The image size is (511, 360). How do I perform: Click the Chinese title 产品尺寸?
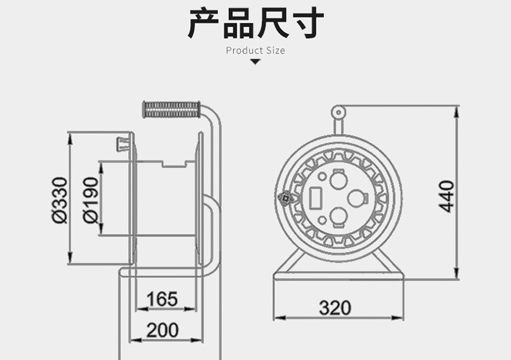[255, 24]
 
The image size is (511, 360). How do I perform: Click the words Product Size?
[255, 50]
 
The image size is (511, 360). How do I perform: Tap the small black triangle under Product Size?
[255, 62]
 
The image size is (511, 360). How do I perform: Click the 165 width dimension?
[162, 299]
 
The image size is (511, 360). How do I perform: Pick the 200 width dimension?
[162, 330]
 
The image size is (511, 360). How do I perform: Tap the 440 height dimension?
[446, 196]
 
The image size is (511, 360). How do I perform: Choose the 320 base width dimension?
[335, 308]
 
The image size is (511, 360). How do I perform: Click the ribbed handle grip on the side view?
[171, 109]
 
